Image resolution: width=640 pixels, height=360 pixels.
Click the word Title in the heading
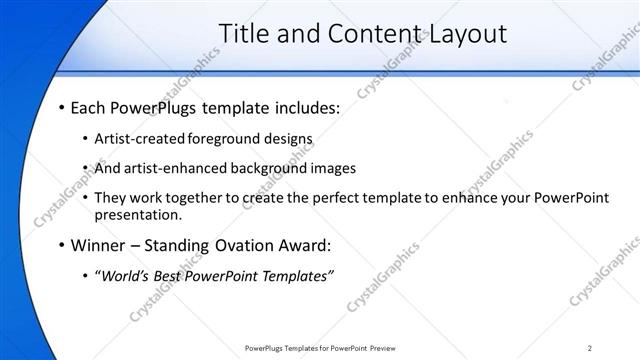pos(244,34)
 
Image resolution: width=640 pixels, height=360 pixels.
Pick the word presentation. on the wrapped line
pos(139,214)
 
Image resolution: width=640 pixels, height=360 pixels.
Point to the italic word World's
pos(124,276)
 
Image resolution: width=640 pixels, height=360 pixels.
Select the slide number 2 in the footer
pos(590,348)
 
